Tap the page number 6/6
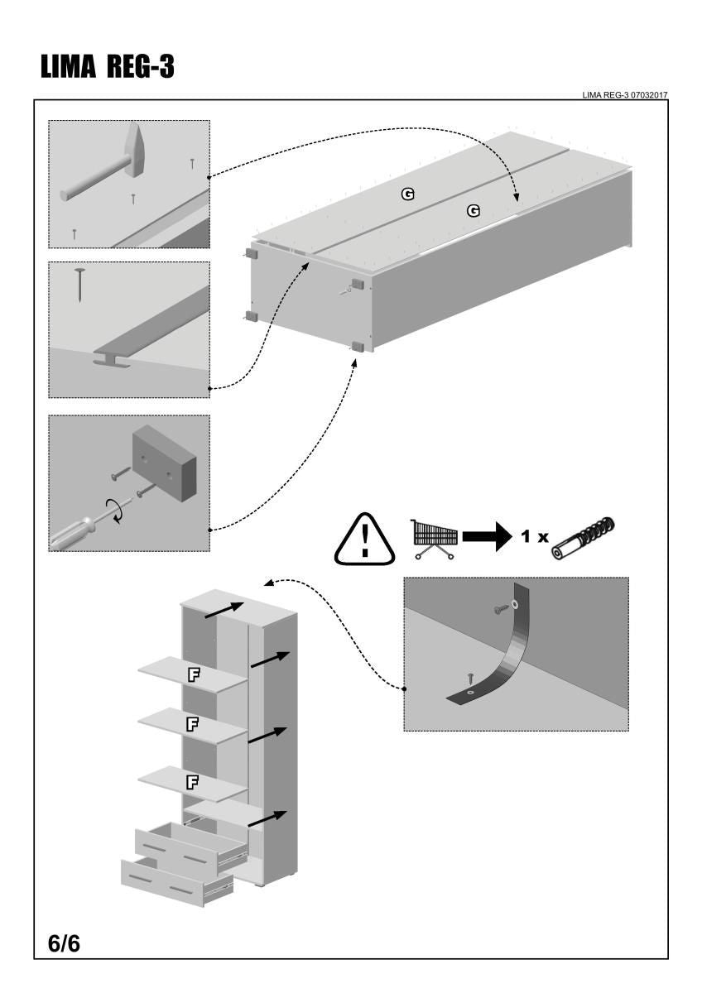point(64,943)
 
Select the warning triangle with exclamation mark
point(365,541)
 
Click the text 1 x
point(534,537)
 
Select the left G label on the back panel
point(407,194)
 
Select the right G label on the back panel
point(474,211)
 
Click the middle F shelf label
point(192,724)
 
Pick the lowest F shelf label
point(192,781)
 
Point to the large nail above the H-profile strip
point(80,283)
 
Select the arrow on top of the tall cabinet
point(224,609)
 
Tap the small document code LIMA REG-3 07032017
point(625,95)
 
